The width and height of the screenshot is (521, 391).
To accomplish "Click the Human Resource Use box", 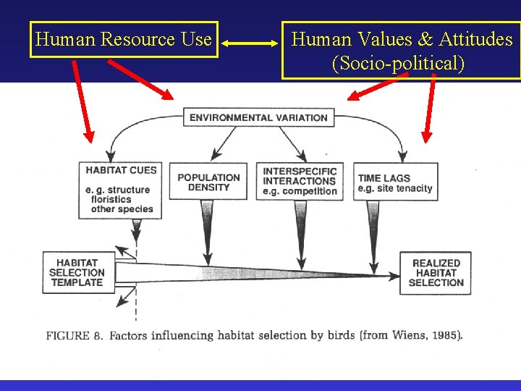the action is pyautogui.click(x=124, y=39).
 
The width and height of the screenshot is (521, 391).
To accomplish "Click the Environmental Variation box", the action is pyautogui.click(x=258, y=117).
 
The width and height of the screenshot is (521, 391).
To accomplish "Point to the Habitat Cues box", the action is pyautogui.click(x=121, y=190).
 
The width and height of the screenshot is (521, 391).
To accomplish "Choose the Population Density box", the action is pyautogui.click(x=208, y=182).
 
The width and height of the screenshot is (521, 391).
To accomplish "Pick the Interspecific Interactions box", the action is pyautogui.click(x=300, y=181).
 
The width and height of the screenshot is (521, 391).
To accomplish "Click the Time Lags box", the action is pyautogui.click(x=396, y=182).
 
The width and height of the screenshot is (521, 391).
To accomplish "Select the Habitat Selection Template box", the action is pyautogui.click(x=77, y=272).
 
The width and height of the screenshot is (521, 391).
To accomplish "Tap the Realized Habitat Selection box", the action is pyautogui.click(x=436, y=272).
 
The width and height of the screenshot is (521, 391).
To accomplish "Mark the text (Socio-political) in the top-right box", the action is pyautogui.click(x=398, y=63).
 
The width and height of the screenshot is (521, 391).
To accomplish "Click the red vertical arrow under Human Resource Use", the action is pyautogui.click(x=82, y=101).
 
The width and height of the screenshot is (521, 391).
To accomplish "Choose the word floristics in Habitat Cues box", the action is pyautogui.click(x=111, y=199).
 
